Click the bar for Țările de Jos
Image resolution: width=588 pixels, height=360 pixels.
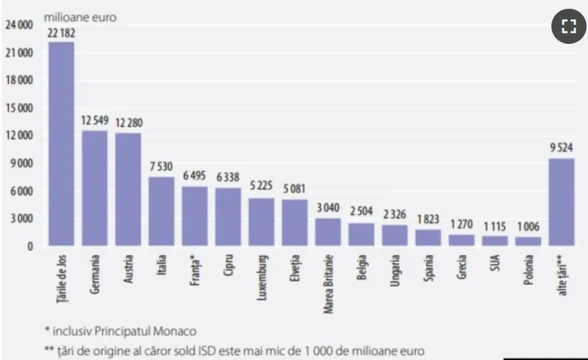coord(61,143)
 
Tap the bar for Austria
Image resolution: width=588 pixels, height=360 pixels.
coord(128,189)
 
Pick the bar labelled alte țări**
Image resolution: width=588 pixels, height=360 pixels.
coord(561,202)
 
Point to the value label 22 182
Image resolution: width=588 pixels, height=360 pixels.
coord(62,34)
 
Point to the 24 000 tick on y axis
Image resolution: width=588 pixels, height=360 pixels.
coord(20,25)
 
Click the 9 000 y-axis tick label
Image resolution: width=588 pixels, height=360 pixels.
coord(23,164)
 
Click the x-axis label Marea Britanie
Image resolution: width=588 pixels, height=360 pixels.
coord(328,282)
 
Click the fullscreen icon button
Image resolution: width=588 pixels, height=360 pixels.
coord(567,27)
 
